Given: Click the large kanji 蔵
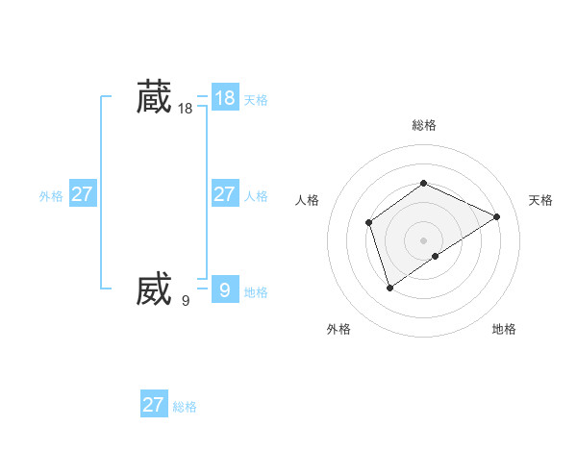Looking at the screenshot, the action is coord(154,97).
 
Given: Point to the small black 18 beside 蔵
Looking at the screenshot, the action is coord(186,110).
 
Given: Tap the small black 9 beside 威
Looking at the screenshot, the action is coord(186,301).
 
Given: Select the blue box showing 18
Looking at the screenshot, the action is coord(224,98).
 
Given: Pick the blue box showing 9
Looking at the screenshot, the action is coord(224,289).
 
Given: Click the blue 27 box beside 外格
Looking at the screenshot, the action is coord(82,194).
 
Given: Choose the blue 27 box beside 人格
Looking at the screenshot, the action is coord(224,194).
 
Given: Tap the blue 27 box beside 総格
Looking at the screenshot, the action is coord(154,405).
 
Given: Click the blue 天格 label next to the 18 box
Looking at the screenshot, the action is coord(256,100).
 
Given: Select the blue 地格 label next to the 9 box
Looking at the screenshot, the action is coord(256,292).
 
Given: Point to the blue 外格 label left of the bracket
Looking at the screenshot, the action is coord(51,196).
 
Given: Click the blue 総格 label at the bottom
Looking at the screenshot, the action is coord(185,407).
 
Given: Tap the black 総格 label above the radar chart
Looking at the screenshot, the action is coord(424,125).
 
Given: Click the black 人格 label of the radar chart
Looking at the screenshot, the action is coord(308,200).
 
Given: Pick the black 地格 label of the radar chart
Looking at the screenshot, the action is coord(504,330).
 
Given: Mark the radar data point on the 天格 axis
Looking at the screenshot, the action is coord(497,216).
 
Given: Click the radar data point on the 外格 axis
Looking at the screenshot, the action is coord(389,287).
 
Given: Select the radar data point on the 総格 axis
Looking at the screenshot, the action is coord(423,183).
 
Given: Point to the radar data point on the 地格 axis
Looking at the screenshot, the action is coord(436,256).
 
